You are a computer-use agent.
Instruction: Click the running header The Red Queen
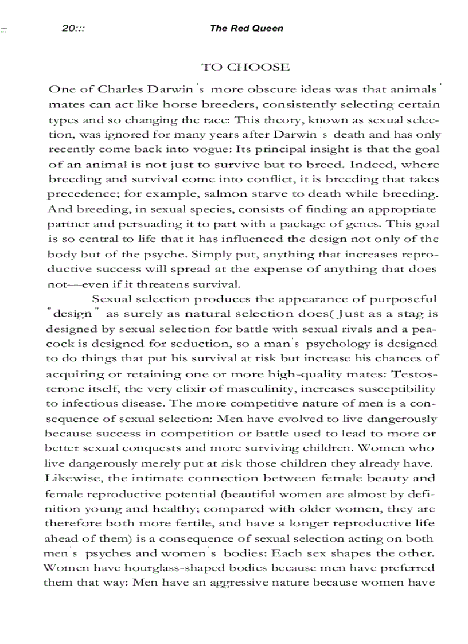point(246,28)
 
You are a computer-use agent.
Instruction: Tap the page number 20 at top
point(68,28)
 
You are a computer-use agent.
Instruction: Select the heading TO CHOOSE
point(245,67)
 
